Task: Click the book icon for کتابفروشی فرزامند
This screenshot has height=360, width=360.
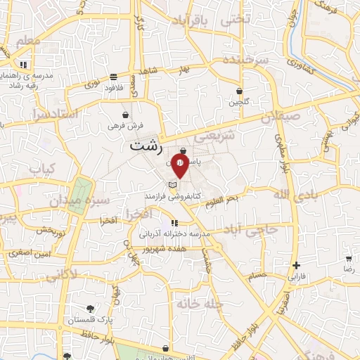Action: pos(171,186)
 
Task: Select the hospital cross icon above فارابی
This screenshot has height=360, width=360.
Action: pos(297,266)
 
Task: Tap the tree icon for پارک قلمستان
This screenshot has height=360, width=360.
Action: pos(90,309)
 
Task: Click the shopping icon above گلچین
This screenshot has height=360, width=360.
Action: pos(239,91)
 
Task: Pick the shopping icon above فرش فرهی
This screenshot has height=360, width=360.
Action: pos(125,114)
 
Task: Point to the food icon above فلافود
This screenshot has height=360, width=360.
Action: pos(114,77)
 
